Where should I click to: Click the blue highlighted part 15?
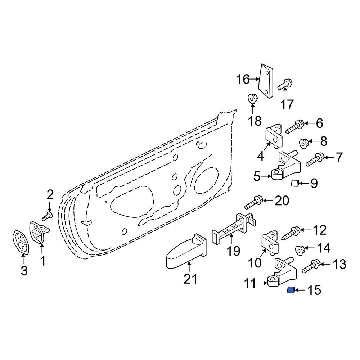click(x=291, y=290)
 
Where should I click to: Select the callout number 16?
click(x=243, y=79)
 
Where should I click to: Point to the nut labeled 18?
click(x=252, y=98)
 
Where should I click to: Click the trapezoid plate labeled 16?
click(x=266, y=81)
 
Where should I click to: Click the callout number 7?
click(x=339, y=158)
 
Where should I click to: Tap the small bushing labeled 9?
click(x=295, y=184)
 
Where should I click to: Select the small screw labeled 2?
click(x=47, y=216)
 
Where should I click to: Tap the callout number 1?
click(x=42, y=261)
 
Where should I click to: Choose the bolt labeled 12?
click(x=291, y=233)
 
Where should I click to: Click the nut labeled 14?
click(x=300, y=249)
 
